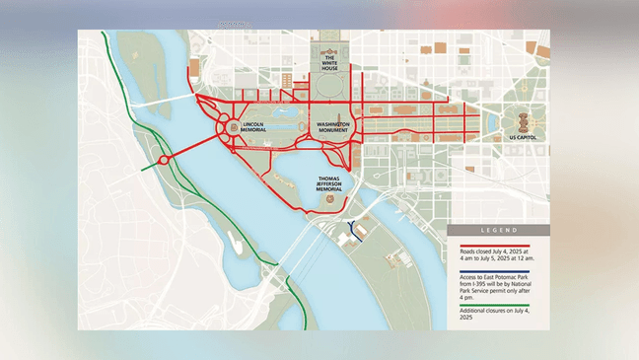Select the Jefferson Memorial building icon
[328, 201]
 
